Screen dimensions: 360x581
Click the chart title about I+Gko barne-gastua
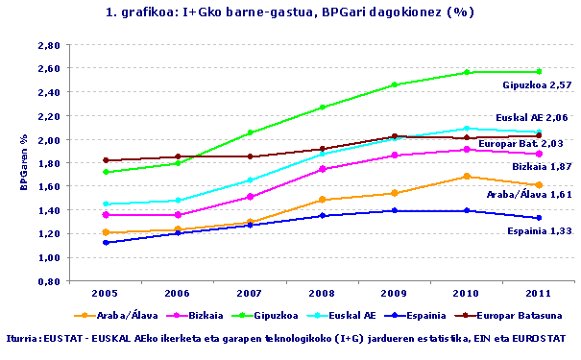(x=290, y=12)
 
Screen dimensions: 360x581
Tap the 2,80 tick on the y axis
(x=49, y=46)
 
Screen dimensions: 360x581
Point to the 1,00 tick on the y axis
(x=49, y=257)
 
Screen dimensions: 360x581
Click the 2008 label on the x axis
(x=323, y=292)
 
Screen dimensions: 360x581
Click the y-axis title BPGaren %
(x=23, y=164)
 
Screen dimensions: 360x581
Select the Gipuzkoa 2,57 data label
(x=536, y=85)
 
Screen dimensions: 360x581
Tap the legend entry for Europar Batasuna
(x=520, y=314)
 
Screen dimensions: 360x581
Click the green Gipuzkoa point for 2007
(x=250, y=132)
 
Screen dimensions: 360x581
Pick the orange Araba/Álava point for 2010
(x=468, y=177)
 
